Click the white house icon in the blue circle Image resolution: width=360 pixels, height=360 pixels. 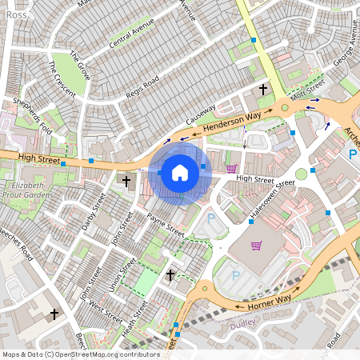(180, 171)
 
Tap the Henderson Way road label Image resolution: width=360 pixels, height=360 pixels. (232, 122)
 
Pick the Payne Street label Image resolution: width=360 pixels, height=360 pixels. (166, 225)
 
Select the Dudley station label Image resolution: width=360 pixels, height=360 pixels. (242, 324)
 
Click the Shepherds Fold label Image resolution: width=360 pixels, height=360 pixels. (32, 115)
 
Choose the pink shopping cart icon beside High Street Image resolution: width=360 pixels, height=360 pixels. (231, 168)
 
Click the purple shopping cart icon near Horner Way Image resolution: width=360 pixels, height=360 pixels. (256, 246)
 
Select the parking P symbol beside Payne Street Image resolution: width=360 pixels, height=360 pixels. (211, 218)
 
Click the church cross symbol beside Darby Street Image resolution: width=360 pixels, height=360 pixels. (126, 182)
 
